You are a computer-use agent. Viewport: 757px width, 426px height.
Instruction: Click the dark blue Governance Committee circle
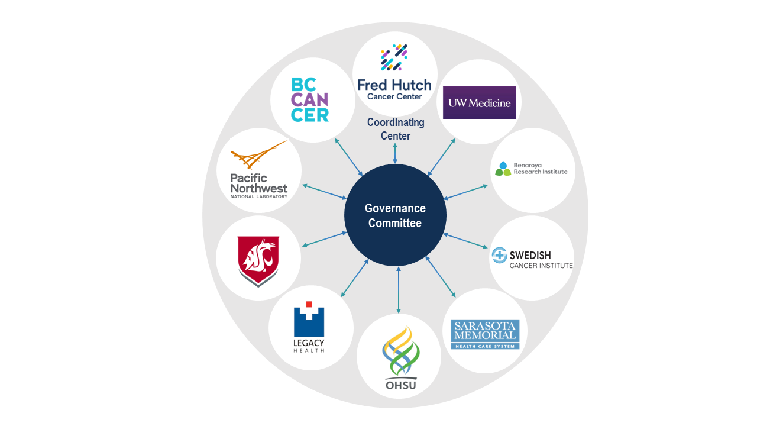point(395,215)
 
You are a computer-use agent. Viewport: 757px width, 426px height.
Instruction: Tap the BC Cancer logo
point(310,99)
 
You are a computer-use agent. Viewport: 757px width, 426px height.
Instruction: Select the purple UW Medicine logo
point(480,102)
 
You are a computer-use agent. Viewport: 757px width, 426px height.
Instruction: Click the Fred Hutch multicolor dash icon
point(394,58)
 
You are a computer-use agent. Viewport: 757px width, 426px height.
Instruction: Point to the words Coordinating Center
point(396,129)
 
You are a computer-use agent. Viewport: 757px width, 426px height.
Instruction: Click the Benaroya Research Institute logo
point(531,169)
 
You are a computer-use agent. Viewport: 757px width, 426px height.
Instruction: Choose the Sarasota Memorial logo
point(484,334)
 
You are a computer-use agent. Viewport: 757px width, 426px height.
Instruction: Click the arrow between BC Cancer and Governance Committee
point(349,157)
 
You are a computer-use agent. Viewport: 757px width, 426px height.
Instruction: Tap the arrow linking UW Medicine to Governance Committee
point(441,157)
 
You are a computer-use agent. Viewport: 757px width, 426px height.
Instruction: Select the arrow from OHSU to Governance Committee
point(399,290)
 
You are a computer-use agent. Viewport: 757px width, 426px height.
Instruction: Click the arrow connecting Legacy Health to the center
point(355,278)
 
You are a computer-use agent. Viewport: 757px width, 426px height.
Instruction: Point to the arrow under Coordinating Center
point(395,153)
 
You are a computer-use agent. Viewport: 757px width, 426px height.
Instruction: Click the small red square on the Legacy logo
point(309,304)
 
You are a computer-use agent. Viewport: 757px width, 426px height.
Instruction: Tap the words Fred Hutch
point(394,85)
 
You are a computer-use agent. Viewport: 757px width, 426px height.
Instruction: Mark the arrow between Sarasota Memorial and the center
point(441,276)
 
